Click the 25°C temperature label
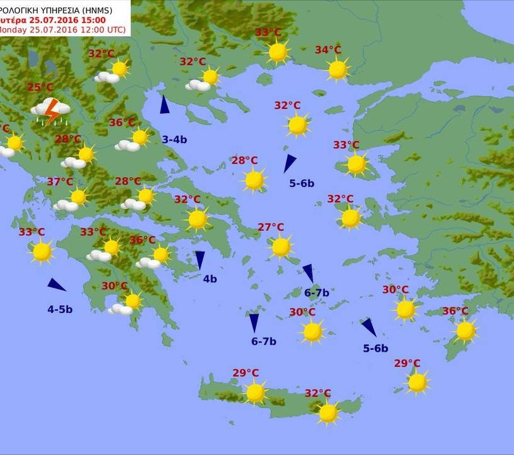pyautogui.click(x=40, y=87)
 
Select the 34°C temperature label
pyautogui.click(x=328, y=50)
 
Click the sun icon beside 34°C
pyautogui.click(x=338, y=69)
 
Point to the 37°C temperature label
pyautogui.click(x=60, y=182)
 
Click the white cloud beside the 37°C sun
pyautogui.click(x=65, y=205)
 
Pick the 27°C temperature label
pyautogui.click(x=271, y=227)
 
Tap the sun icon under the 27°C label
pyautogui.click(x=281, y=247)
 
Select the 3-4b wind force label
pyautogui.click(x=174, y=139)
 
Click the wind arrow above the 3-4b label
pyautogui.click(x=164, y=105)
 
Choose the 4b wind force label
pyautogui.click(x=209, y=279)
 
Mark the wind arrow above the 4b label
pyautogui.click(x=200, y=260)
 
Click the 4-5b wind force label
pyautogui.click(x=60, y=309)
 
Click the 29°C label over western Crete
pyautogui.click(x=246, y=373)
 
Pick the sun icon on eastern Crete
pyautogui.click(x=328, y=412)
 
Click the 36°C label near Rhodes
pyautogui.click(x=455, y=311)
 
